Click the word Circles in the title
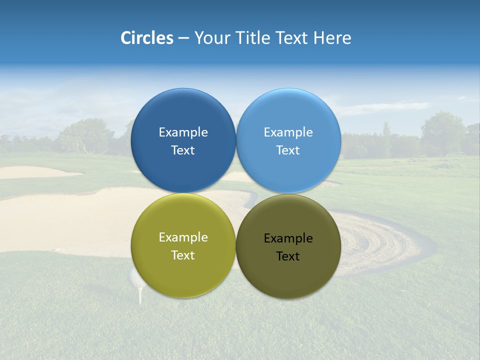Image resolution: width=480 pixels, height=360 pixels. click(x=147, y=38)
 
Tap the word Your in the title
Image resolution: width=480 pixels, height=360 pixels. click(x=210, y=38)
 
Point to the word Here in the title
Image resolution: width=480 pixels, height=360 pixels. click(x=332, y=38)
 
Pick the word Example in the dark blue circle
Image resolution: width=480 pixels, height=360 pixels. click(x=183, y=132)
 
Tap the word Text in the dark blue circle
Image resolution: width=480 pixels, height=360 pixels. click(x=183, y=150)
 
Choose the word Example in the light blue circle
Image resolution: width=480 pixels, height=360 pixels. click(x=288, y=132)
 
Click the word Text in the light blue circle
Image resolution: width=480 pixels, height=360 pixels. click(x=288, y=150)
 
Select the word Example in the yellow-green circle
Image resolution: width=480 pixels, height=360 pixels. click(x=183, y=237)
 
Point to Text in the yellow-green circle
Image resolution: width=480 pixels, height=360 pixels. click(x=183, y=255)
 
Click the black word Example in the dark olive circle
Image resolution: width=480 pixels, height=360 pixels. click(x=288, y=238)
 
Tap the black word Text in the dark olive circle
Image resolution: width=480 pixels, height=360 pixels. click(x=288, y=256)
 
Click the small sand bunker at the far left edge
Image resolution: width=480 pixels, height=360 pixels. click(x=30, y=172)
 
